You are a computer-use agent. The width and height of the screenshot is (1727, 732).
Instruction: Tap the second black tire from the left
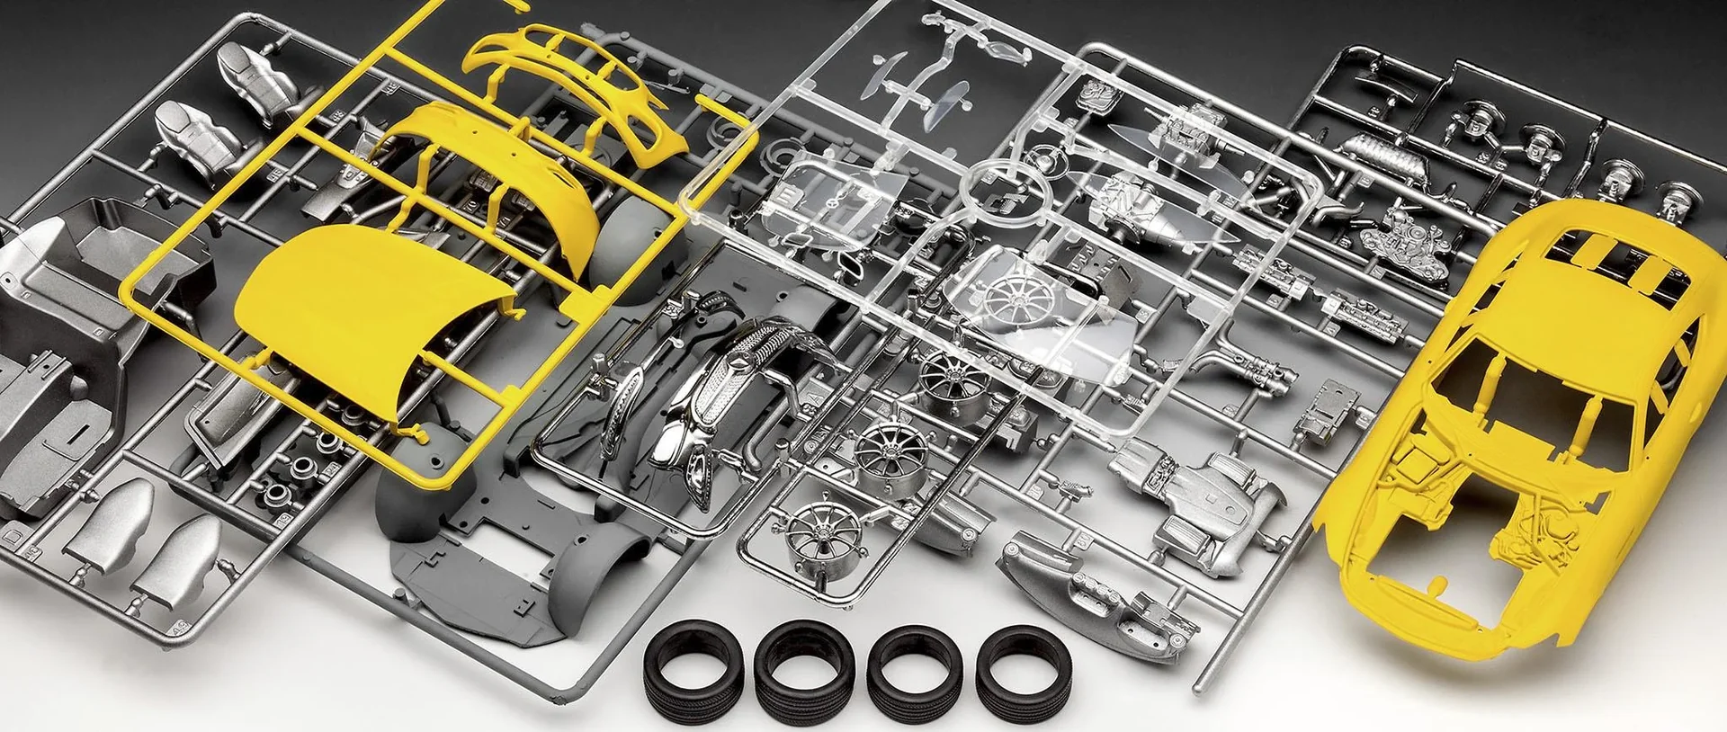804,667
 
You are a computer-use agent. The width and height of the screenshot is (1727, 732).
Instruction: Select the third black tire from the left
915,667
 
